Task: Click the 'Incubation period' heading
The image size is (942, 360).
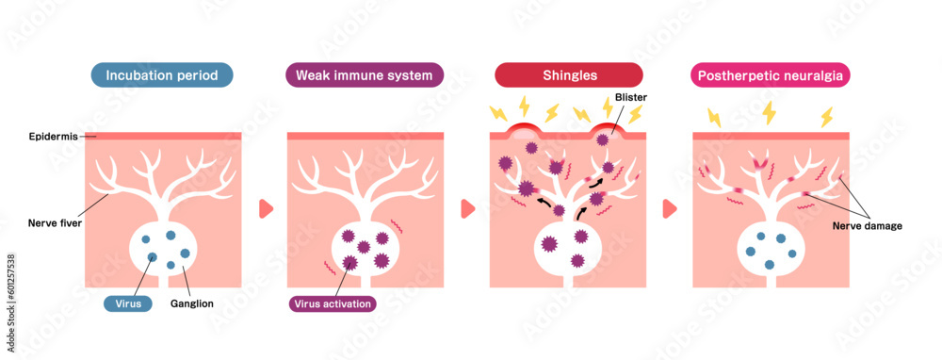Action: (162, 75)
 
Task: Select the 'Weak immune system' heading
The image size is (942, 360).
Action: (365, 75)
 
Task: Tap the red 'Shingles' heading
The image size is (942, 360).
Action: (569, 75)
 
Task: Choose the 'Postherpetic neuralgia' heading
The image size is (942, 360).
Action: (771, 75)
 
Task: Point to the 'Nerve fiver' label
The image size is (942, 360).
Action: (54, 223)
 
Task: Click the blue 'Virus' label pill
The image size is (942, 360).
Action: (127, 303)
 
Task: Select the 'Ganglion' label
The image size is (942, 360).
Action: (192, 303)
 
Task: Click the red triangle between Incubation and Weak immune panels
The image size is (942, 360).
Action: (265, 208)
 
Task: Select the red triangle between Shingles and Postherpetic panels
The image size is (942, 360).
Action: (670, 208)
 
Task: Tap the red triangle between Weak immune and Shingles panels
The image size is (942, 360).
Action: (467, 208)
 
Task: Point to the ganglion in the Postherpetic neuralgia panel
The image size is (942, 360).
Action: (771, 247)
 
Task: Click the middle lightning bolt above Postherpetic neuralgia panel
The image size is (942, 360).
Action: (770, 112)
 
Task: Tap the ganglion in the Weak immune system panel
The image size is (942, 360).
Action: (365, 247)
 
